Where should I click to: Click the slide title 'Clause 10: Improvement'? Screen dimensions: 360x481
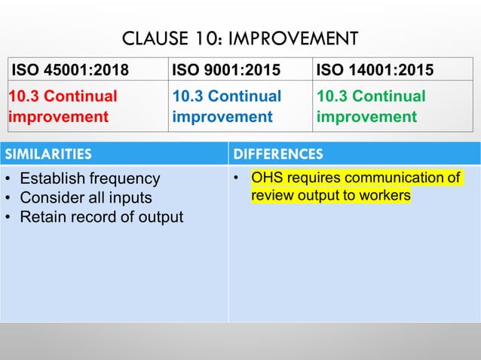point(240,38)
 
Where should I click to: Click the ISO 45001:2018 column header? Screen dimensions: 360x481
point(69,71)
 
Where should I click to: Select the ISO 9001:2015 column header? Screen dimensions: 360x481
point(223,71)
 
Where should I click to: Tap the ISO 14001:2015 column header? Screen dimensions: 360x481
point(375,71)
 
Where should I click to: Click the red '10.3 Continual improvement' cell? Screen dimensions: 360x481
point(63,107)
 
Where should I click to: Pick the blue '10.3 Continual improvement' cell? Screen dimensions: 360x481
point(226,107)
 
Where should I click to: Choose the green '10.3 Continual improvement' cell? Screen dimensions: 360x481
point(371,107)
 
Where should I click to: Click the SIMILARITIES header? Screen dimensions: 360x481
point(49,154)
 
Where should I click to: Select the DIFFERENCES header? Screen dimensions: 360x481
point(278,154)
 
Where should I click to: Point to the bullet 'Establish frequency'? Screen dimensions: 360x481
point(90,179)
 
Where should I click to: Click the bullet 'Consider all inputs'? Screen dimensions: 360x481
point(85,198)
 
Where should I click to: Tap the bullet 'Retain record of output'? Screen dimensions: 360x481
point(101,217)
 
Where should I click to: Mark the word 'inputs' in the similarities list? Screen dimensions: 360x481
point(132,198)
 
